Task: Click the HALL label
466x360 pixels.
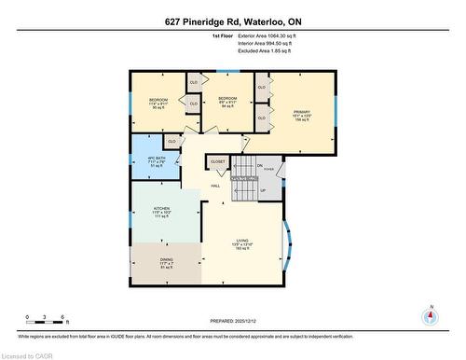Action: coord(214,187)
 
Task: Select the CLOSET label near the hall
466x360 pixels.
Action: coord(217,161)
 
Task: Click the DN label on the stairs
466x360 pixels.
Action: coord(259,165)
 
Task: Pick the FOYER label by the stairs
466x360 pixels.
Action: coord(268,171)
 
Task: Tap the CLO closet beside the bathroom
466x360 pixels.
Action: coord(172,141)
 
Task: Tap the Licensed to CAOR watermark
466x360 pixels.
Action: coord(28,353)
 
